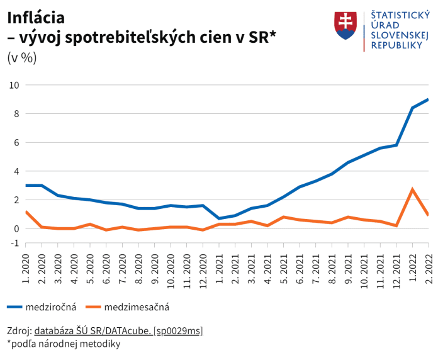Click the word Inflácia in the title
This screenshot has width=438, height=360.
click(x=35, y=17)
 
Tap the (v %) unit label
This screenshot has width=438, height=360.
click(x=22, y=57)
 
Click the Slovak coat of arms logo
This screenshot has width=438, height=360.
click(x=345, y=26)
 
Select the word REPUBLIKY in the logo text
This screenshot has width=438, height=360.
click(x=396, y=45)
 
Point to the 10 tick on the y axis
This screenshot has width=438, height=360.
click(x=13, y=85)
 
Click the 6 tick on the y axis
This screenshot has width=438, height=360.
click(x=16, y=142)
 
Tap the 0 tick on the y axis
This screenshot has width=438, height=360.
click(x=16, y=228)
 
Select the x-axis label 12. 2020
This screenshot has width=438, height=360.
click(x=203, y=266)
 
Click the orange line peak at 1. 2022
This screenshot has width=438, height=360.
click(x=412, y=189)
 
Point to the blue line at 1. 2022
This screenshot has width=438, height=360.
click(x=412, y=108)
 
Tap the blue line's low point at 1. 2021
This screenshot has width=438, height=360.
click(x=219, y=218)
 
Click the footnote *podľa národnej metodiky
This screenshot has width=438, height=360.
click(x=64, y=344)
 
